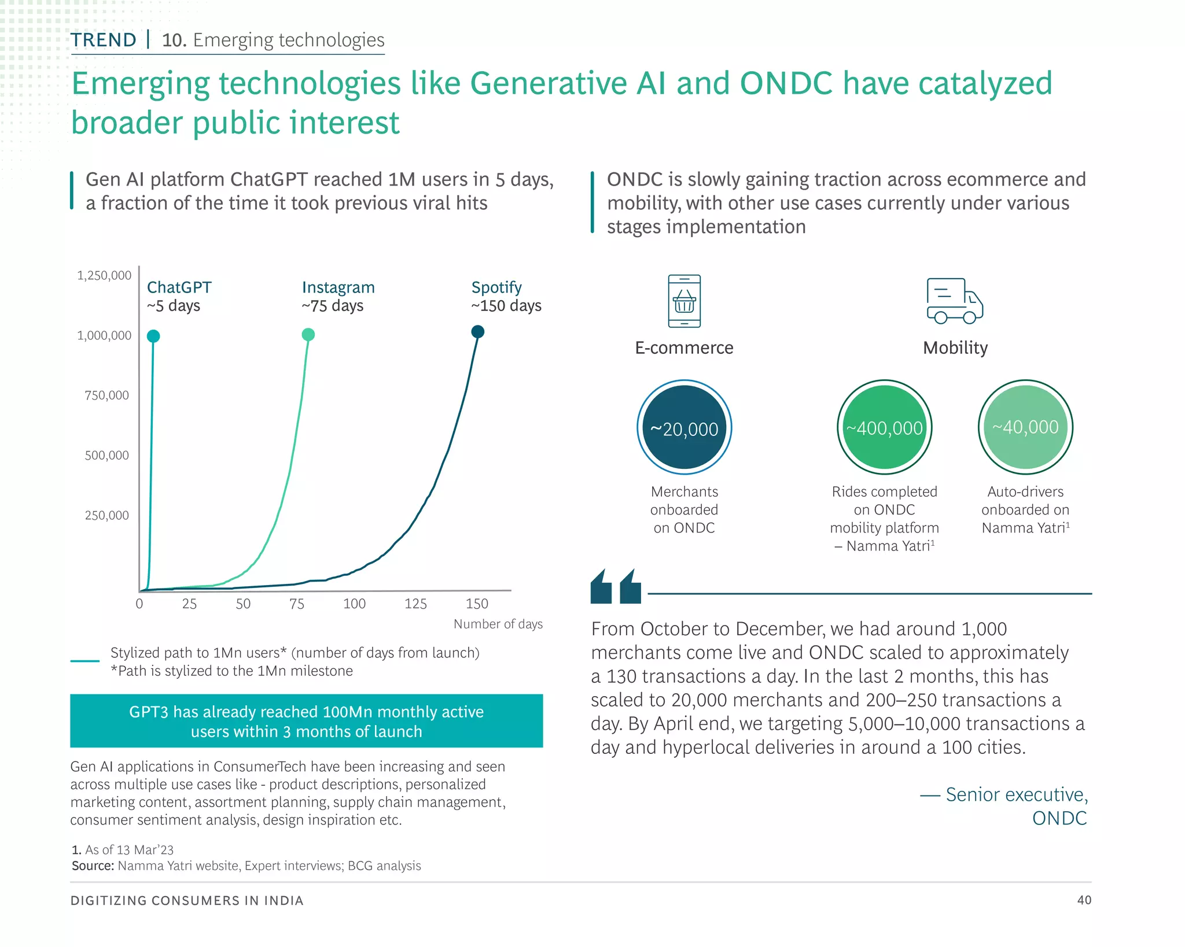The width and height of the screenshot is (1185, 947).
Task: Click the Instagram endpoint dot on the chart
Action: click(x=308, y=335)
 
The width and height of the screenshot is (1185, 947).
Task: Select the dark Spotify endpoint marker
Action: click(x=477, y=332)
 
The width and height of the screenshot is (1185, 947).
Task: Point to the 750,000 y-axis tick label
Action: click(x=107, y=395)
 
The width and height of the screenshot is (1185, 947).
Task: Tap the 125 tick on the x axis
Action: click(x=415, y=604)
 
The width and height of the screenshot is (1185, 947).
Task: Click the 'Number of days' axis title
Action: click(x=498, y=624)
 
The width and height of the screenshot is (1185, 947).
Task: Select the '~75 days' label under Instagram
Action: click(x=333, y=306)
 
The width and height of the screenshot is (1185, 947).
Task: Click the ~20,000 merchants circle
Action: click(x=684, y=428)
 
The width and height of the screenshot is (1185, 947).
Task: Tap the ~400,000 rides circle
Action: click(x=884, y=428)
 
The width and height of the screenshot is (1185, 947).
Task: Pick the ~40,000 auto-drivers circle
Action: click(x=1025, y=427)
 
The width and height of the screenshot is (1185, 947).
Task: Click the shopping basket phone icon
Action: click(x=684, y=301)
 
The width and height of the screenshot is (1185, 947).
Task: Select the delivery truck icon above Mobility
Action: click(x=955, y=301)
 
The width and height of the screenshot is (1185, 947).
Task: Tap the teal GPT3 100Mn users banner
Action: click(x=306, y=721)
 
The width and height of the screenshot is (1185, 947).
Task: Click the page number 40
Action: click(x=1084, y=900)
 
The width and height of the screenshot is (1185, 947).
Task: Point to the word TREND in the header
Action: click(x=104, y=40)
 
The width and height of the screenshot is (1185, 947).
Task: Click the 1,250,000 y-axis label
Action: click(x=105, y=276)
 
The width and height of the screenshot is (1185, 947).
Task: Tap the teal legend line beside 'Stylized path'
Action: click(x=84, y=661)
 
